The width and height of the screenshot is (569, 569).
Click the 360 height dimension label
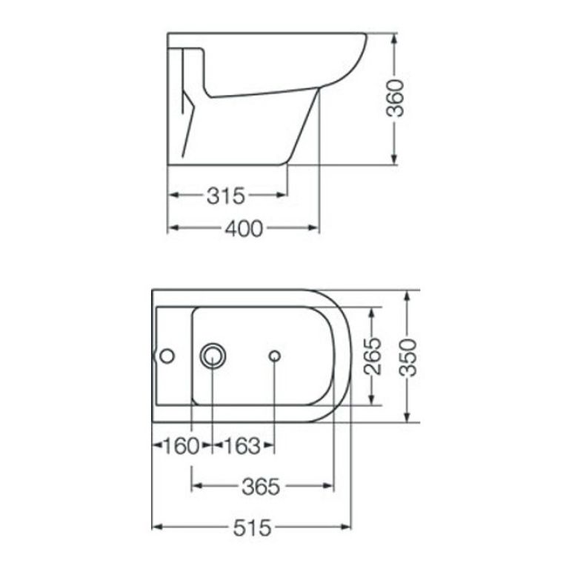(x=394, y=99)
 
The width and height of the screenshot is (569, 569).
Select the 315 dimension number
(x=226, y=196)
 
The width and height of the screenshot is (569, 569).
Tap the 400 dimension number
(x=244, y=229)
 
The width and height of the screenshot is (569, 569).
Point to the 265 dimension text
(x=373, y=356)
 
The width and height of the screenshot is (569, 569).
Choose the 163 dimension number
(x=242, y=446)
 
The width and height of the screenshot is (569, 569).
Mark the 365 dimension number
(x=261, y=487)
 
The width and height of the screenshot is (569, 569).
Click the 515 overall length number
(x=252, y=528)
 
